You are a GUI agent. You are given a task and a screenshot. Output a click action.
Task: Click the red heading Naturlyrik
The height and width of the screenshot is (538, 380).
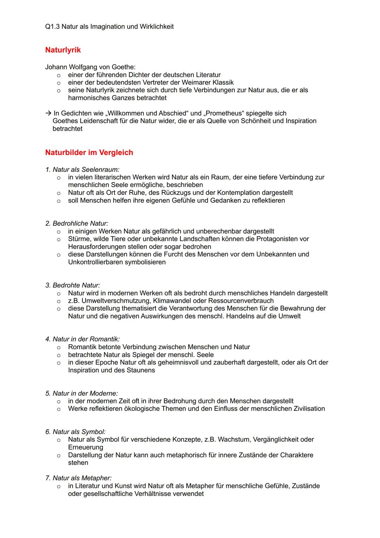63,50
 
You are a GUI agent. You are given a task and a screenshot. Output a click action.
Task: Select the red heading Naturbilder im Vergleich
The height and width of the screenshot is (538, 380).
89,153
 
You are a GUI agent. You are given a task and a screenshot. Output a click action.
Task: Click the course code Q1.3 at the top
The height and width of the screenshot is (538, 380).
52,27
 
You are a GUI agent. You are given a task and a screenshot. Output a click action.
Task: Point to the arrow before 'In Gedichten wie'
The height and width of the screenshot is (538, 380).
48,113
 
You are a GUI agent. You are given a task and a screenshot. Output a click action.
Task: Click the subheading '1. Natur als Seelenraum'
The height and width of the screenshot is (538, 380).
82,169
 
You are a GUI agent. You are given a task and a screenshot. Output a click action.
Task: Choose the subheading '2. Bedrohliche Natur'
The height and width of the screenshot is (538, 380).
77,223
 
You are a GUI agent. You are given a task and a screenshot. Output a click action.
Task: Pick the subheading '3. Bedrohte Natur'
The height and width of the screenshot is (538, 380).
72,285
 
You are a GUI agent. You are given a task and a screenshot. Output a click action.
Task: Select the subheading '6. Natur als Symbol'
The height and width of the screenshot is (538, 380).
75,432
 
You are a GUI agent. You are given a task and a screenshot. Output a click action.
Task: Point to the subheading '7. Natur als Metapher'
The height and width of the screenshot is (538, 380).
78,478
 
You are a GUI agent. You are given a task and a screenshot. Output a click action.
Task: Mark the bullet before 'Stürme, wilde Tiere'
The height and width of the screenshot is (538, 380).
59,239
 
